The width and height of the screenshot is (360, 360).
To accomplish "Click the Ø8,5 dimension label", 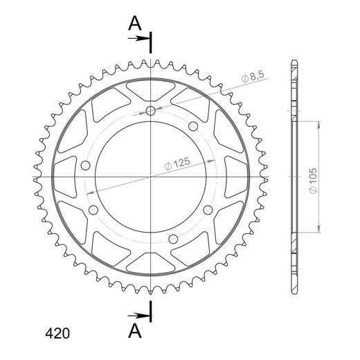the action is pyautogui.click(x=253, y=77).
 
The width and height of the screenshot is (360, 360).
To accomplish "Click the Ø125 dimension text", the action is pyautogui.click(x=177, y=163).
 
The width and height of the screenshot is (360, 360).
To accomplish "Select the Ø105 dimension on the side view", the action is pyautogui.click(x=313, y=181).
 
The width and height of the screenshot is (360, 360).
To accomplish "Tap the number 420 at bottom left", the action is pyautogui.click(x=57, y=334).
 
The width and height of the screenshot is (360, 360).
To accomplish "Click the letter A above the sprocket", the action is pyautogui.click(x=135, y=24).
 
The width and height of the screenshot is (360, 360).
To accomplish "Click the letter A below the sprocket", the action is pyautogui.click(x=135, y=331).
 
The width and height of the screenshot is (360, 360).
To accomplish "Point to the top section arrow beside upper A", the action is pyautogui.click(x=138, y=38).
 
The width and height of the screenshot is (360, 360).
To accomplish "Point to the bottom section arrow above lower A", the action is pyautogui.click(x=138, y=315).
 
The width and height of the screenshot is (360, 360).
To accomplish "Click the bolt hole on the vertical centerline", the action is pyautogui.click(x=150, y=111).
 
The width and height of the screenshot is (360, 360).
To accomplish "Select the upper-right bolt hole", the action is pyautogui.click(x=193, y=126).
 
